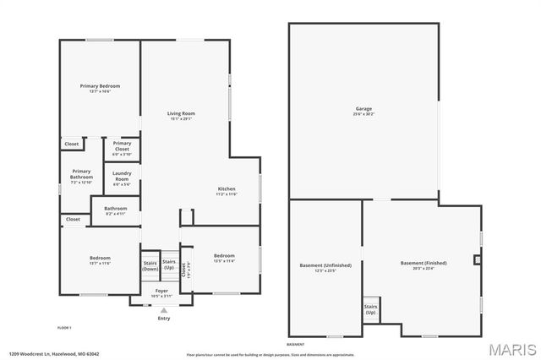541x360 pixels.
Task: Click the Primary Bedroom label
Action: [100, 87]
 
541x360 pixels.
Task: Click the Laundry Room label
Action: [122, 178]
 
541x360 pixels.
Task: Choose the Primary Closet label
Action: [122, 145]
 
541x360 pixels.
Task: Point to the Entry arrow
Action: [163, 309]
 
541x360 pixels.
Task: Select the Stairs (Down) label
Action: [150, 265]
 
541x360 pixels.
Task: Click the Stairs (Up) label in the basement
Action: [370, 308]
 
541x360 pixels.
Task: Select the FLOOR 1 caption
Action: [64, 327]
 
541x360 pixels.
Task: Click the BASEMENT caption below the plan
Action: [295, 345]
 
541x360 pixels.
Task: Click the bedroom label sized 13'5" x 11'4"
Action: [224, 258]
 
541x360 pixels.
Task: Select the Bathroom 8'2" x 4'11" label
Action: [115, 210]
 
